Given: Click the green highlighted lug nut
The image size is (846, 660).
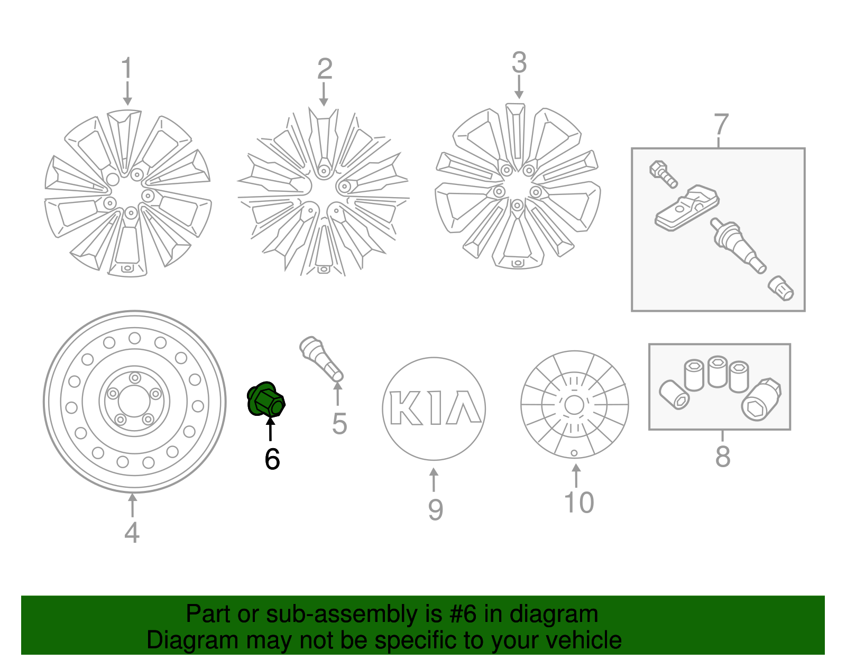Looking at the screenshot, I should point(266,400).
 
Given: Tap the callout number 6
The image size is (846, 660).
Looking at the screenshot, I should point(272,459).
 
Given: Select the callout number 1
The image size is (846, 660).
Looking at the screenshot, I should point(126,69).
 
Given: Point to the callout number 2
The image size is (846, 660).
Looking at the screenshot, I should point(324,69).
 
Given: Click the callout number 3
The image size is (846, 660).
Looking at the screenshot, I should point(519,63).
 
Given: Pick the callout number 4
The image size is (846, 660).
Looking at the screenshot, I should point(132,532).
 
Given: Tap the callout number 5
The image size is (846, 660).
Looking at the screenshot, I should point(339,424).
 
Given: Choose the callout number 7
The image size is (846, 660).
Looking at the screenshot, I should point(721,125).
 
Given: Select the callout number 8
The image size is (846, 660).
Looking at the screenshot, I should point(722,456).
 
